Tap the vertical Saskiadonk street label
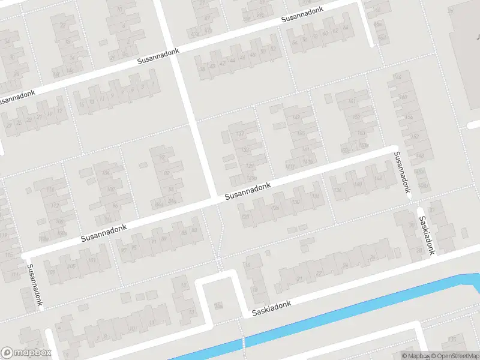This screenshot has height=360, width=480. pos(426,235)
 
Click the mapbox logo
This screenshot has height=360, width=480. pos(25,353)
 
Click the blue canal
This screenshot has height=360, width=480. pos(336,324)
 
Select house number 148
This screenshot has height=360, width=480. pos(419,156)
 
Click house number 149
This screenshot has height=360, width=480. pos(296,118)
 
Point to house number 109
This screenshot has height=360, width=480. pos(51,272)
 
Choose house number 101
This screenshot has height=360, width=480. pos(91,260)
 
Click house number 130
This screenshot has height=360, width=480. pos(295,202)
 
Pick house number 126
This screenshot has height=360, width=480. pos(275,208)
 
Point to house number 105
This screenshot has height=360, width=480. pos(71,266)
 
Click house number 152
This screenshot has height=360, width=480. pos(414,137)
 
